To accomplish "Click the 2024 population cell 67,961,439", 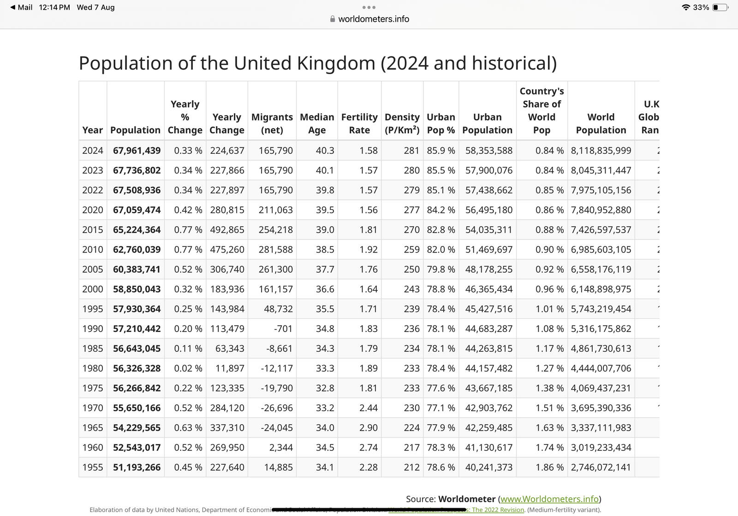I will point(137,150).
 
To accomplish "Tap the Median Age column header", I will point(317,124).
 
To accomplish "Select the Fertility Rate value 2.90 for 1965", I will point(369,428).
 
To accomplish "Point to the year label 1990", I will point(93,329).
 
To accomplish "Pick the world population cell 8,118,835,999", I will point(601,150).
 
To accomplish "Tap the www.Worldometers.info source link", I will point(549,499).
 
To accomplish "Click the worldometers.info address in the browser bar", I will point(374,19).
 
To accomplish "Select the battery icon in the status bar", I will point(720,7).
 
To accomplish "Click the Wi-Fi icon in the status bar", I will point(686,7).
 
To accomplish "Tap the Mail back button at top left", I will point(21,7).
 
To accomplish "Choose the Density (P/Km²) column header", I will point(402,124).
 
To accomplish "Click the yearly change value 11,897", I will point(230,368).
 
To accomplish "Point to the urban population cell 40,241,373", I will point(489,467).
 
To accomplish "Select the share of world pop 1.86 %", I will point(549,467).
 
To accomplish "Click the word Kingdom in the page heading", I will point(336,63).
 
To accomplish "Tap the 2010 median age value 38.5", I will point(325,249).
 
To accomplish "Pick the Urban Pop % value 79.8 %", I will point(441,269).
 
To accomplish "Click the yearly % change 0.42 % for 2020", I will point(188,210).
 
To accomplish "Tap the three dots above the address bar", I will point(369,7).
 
